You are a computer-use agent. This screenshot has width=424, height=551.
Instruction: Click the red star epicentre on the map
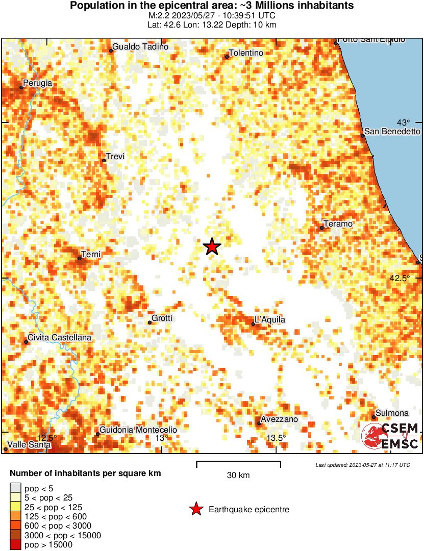[212, 247]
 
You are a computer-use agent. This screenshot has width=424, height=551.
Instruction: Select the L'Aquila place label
[270, 320]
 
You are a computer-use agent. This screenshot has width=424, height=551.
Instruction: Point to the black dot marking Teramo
[322, 228]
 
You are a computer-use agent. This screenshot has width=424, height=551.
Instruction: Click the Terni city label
[91, 254]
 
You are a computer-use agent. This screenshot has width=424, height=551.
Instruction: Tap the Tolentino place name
[246, 53]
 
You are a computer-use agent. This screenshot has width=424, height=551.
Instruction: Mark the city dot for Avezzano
[259, 423]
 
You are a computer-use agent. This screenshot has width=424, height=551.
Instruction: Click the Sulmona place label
[392, 413]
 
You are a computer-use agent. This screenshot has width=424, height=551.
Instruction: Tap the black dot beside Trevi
[104, 161]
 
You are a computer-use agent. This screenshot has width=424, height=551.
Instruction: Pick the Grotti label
[162, 318]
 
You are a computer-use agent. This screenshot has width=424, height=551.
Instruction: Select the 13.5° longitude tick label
[276, 438]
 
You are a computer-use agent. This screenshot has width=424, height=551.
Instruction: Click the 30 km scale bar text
[238, 475]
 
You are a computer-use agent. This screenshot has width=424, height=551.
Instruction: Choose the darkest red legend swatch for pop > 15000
[16, 545]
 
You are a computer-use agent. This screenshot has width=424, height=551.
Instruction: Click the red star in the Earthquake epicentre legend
[195, 509]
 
